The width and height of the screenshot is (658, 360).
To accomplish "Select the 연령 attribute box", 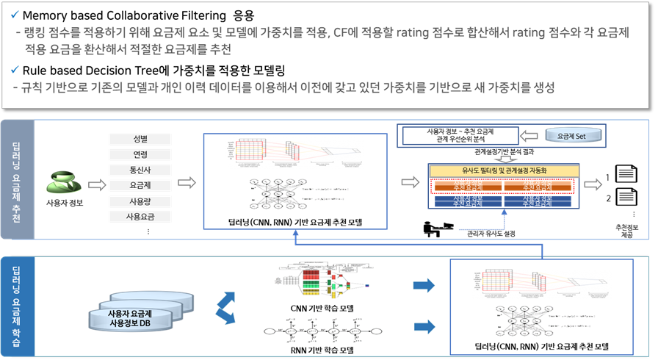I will [139, 154].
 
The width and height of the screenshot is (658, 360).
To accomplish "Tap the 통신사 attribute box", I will [139, 170].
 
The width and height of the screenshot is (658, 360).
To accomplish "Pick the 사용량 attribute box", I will [139, 201].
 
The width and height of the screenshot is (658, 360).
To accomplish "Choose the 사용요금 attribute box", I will [139, 216].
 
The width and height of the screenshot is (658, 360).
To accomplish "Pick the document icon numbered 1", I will [625, 175].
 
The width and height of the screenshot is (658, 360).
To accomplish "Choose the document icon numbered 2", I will [625, 197].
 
